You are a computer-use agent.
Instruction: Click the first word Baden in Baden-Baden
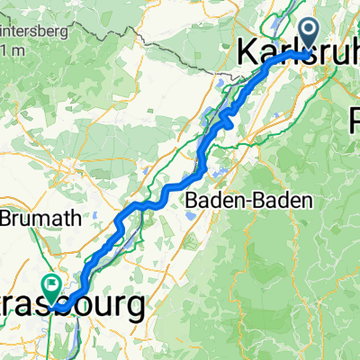208,201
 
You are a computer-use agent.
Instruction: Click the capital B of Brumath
7,218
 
